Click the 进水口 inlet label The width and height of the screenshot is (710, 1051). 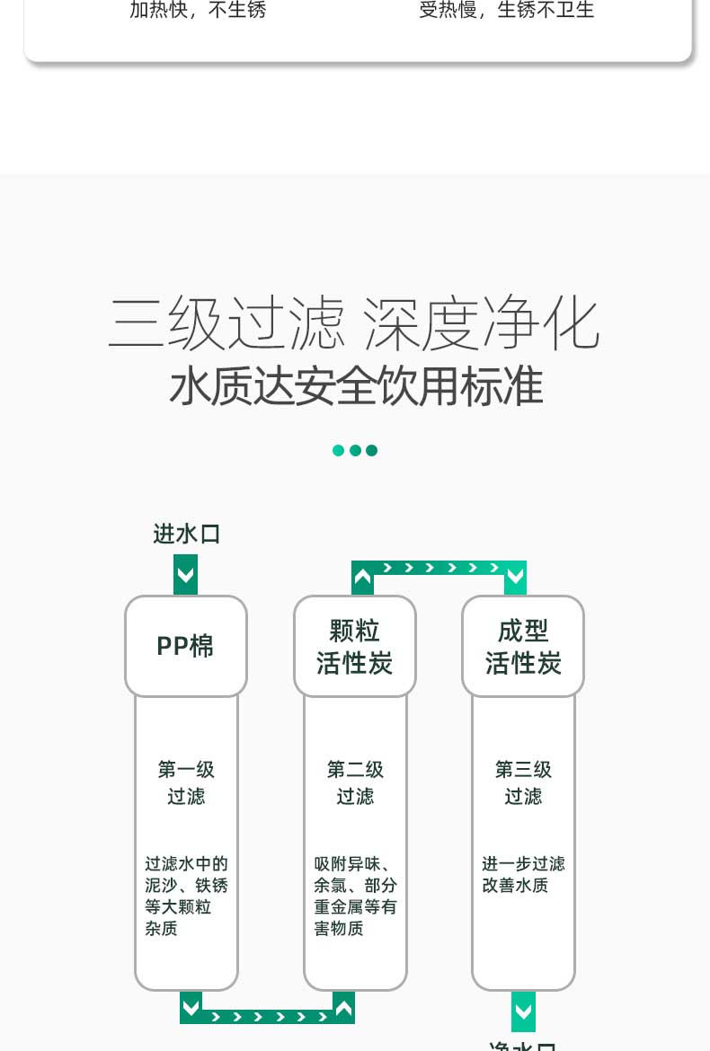point(187,534)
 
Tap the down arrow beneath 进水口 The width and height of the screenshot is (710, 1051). point(185,575)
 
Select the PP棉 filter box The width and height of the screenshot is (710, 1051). point(185,646)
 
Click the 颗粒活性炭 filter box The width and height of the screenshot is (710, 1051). point(355,646)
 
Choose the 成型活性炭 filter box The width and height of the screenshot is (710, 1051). point(523,646)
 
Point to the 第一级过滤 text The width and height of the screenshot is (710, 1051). point(186,782)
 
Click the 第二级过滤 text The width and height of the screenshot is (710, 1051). point(355,782)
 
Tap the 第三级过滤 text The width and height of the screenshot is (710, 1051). point(523,782)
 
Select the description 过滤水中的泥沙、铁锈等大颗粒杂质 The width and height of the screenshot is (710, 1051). point(186,896)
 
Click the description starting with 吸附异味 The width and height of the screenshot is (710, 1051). point(355,896)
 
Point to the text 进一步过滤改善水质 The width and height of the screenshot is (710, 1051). point(523,874)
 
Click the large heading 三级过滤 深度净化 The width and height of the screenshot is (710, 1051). point(354,323)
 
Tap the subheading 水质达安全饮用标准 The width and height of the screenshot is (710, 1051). point(356,386)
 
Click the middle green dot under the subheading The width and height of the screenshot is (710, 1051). point(355,450)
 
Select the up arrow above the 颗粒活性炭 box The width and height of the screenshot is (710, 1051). point(362,578)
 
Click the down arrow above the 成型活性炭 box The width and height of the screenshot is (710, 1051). point(515,578)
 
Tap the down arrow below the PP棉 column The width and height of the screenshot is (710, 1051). point(191,1006)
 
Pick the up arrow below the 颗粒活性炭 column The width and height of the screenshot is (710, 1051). point(343,1006)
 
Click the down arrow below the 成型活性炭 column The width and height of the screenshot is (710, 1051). point(523,1011)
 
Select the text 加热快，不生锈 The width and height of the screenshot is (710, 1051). point(198,11)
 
